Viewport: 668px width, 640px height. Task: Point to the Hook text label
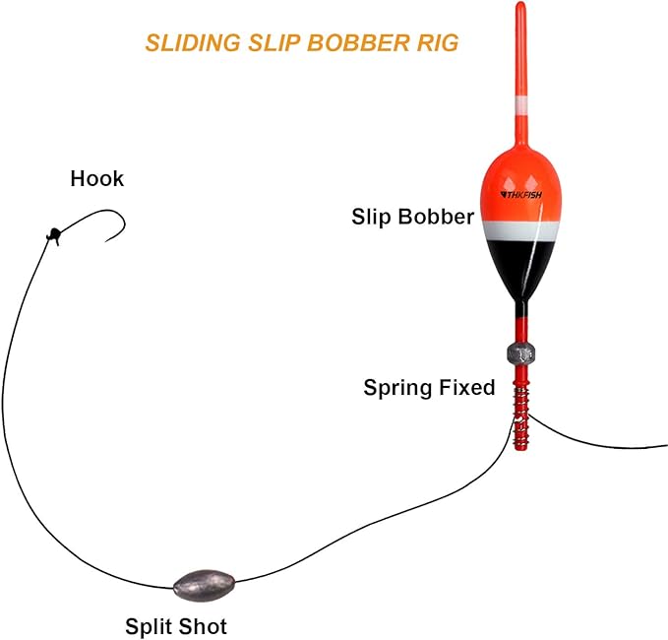(x=97, y=179)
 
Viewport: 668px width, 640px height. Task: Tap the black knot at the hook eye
(x=52, y=234)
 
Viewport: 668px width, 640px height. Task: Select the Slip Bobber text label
(x=412, y=217)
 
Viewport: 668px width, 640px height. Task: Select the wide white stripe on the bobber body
(x=520, y=230)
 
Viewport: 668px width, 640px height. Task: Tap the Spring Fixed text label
(x=429, y=388)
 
